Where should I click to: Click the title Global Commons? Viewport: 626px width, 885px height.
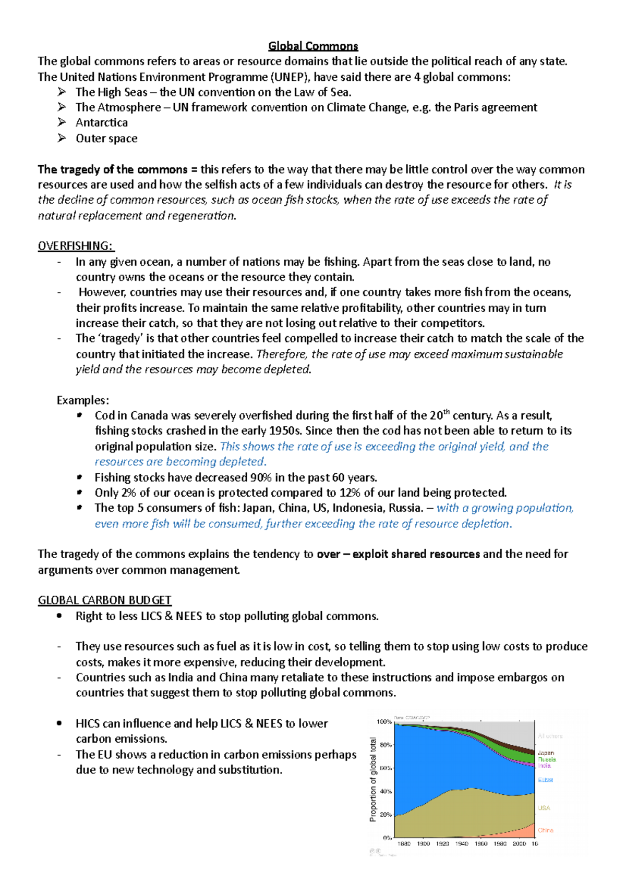coord(313,46)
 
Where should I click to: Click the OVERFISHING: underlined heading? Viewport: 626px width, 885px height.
coord(76,246)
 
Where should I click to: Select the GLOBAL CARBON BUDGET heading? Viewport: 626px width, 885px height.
coord(104,600)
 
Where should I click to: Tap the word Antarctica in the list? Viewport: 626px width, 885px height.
coord(102,122)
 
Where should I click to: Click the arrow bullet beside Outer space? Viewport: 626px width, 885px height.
coord(62,138)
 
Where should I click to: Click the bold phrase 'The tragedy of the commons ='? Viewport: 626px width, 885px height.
coord(117,169)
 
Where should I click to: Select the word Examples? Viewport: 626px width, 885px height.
coord(83,400)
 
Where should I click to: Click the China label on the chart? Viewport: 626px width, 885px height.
coord(545,830)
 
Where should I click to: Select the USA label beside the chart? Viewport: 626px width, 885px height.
coord(544,808)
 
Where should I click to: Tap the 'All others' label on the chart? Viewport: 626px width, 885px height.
coord(550,736)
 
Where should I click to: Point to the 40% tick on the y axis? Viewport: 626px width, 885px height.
coord(386,791)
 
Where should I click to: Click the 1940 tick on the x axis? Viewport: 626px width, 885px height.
coord(461,843)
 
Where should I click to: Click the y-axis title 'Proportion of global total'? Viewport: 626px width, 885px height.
coord(373,780)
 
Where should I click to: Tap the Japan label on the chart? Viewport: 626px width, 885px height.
coord(546,753)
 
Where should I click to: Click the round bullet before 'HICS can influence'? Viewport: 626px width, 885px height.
coord(60,723)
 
